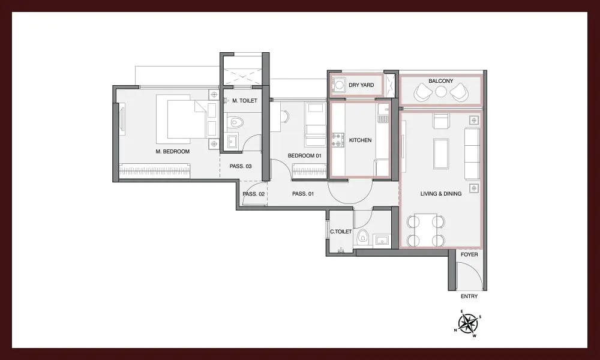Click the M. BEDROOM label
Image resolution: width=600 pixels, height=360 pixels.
[x=173, y=151]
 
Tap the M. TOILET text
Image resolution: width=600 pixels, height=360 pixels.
[x=245, y=101]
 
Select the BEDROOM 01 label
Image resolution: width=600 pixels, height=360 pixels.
[x=305, y=156]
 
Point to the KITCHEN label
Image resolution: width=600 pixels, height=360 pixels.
[x=360, y=140]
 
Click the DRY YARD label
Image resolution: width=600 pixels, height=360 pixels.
[x=361, y=85]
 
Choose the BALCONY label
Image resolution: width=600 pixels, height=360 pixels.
[x=441, y=81]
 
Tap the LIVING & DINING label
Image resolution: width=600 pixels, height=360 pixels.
[x=441, y=194]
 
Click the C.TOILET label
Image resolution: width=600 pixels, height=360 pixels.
[x=341, y=232]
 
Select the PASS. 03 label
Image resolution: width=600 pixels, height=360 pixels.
[x=241, y=166]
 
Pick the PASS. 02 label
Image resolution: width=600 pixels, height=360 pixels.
[x=254, y=194]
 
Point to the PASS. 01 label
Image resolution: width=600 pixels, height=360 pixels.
[x=303, y=194]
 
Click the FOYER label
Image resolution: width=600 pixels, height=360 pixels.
[x=469, y=254]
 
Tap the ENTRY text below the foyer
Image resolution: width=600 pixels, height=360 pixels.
[x=469, y=296]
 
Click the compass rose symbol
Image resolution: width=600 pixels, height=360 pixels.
[x=467, y=323]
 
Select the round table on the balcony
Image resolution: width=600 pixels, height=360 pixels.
[x=441, y=92]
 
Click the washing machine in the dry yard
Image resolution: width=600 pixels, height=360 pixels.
[x=338, y=85]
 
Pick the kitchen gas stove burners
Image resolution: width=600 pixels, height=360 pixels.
[x=338, y=140]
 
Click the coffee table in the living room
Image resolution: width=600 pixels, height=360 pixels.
[x=441, y=154]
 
